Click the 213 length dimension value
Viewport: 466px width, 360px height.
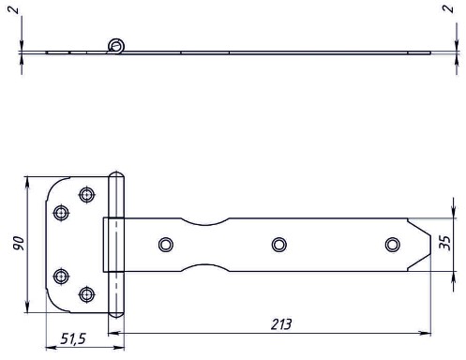coord(281,324)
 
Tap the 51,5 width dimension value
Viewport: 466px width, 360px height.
coord(73,338)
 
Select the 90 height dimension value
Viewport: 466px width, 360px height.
coord(19,243)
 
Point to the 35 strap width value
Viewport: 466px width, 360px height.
coord(444,243)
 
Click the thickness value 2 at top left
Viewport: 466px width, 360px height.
coord(13,10)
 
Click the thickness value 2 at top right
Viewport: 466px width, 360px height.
coord(448,8)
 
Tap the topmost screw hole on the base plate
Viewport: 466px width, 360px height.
coord(87,195)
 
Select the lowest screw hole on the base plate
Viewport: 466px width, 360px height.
coord(87,294)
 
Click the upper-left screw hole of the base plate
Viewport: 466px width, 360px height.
coord(61,213)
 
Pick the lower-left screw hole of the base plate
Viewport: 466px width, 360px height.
coord(61,276)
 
